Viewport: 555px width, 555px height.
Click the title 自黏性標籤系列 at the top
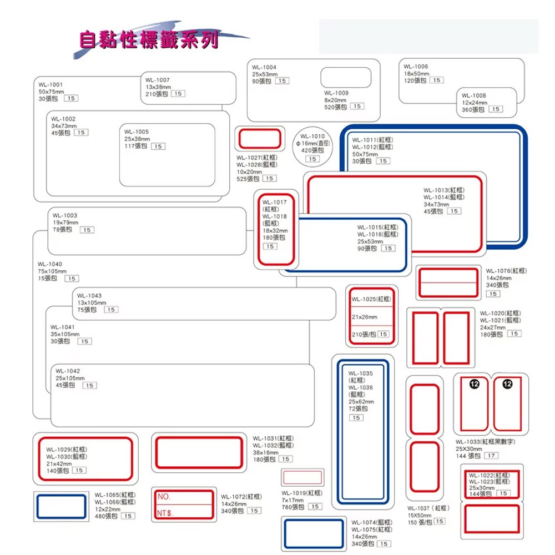149,40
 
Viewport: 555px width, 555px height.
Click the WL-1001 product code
51,84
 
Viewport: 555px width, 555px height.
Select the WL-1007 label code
158,80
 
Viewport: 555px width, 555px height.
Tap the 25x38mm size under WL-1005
137,139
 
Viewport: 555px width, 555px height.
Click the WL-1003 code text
65,215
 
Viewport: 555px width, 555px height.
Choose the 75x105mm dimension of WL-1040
52,271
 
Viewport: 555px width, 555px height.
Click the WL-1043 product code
89,296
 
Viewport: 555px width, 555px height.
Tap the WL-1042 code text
68,371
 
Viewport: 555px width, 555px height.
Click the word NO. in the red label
164,496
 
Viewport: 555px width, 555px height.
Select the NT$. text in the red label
165,513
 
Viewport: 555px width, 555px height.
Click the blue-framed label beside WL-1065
60,506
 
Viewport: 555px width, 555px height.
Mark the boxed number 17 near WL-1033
491,456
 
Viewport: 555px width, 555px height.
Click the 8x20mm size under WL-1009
335,100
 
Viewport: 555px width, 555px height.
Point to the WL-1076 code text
498,271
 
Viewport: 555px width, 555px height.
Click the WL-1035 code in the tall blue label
361,374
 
